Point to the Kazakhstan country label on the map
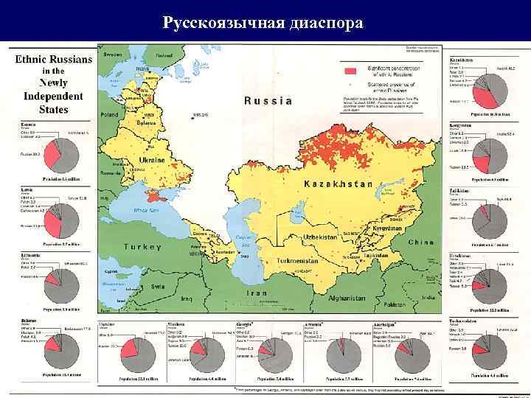338,183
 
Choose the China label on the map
421,242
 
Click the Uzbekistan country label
320,237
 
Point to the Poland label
109,116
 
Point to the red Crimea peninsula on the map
156,198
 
